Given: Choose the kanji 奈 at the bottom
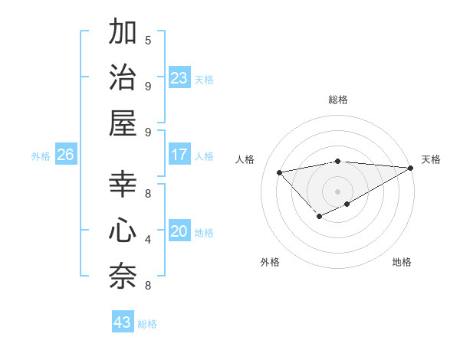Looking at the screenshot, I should coord(123,275).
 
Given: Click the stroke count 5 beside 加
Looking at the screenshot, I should coord(148,40).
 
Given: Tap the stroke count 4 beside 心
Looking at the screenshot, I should coord(148,240).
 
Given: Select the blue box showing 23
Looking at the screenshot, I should coord(179,78).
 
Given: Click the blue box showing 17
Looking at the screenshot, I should coord(179,155).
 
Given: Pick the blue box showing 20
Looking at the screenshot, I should coord(179,231).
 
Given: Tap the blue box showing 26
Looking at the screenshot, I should coord(66,155).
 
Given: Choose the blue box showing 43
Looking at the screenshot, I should coord(123,322).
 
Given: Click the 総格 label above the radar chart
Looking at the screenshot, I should coord(337,100).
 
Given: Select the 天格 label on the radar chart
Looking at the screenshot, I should coord(431,159).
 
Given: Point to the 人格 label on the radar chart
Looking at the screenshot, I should coord(245,159).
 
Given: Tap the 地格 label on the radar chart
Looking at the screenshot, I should coord(402,262).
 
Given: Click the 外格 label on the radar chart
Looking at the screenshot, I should coord(270,262).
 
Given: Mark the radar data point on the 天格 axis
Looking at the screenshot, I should coord(411,168).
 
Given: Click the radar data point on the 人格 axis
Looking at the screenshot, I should coord(279,172).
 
